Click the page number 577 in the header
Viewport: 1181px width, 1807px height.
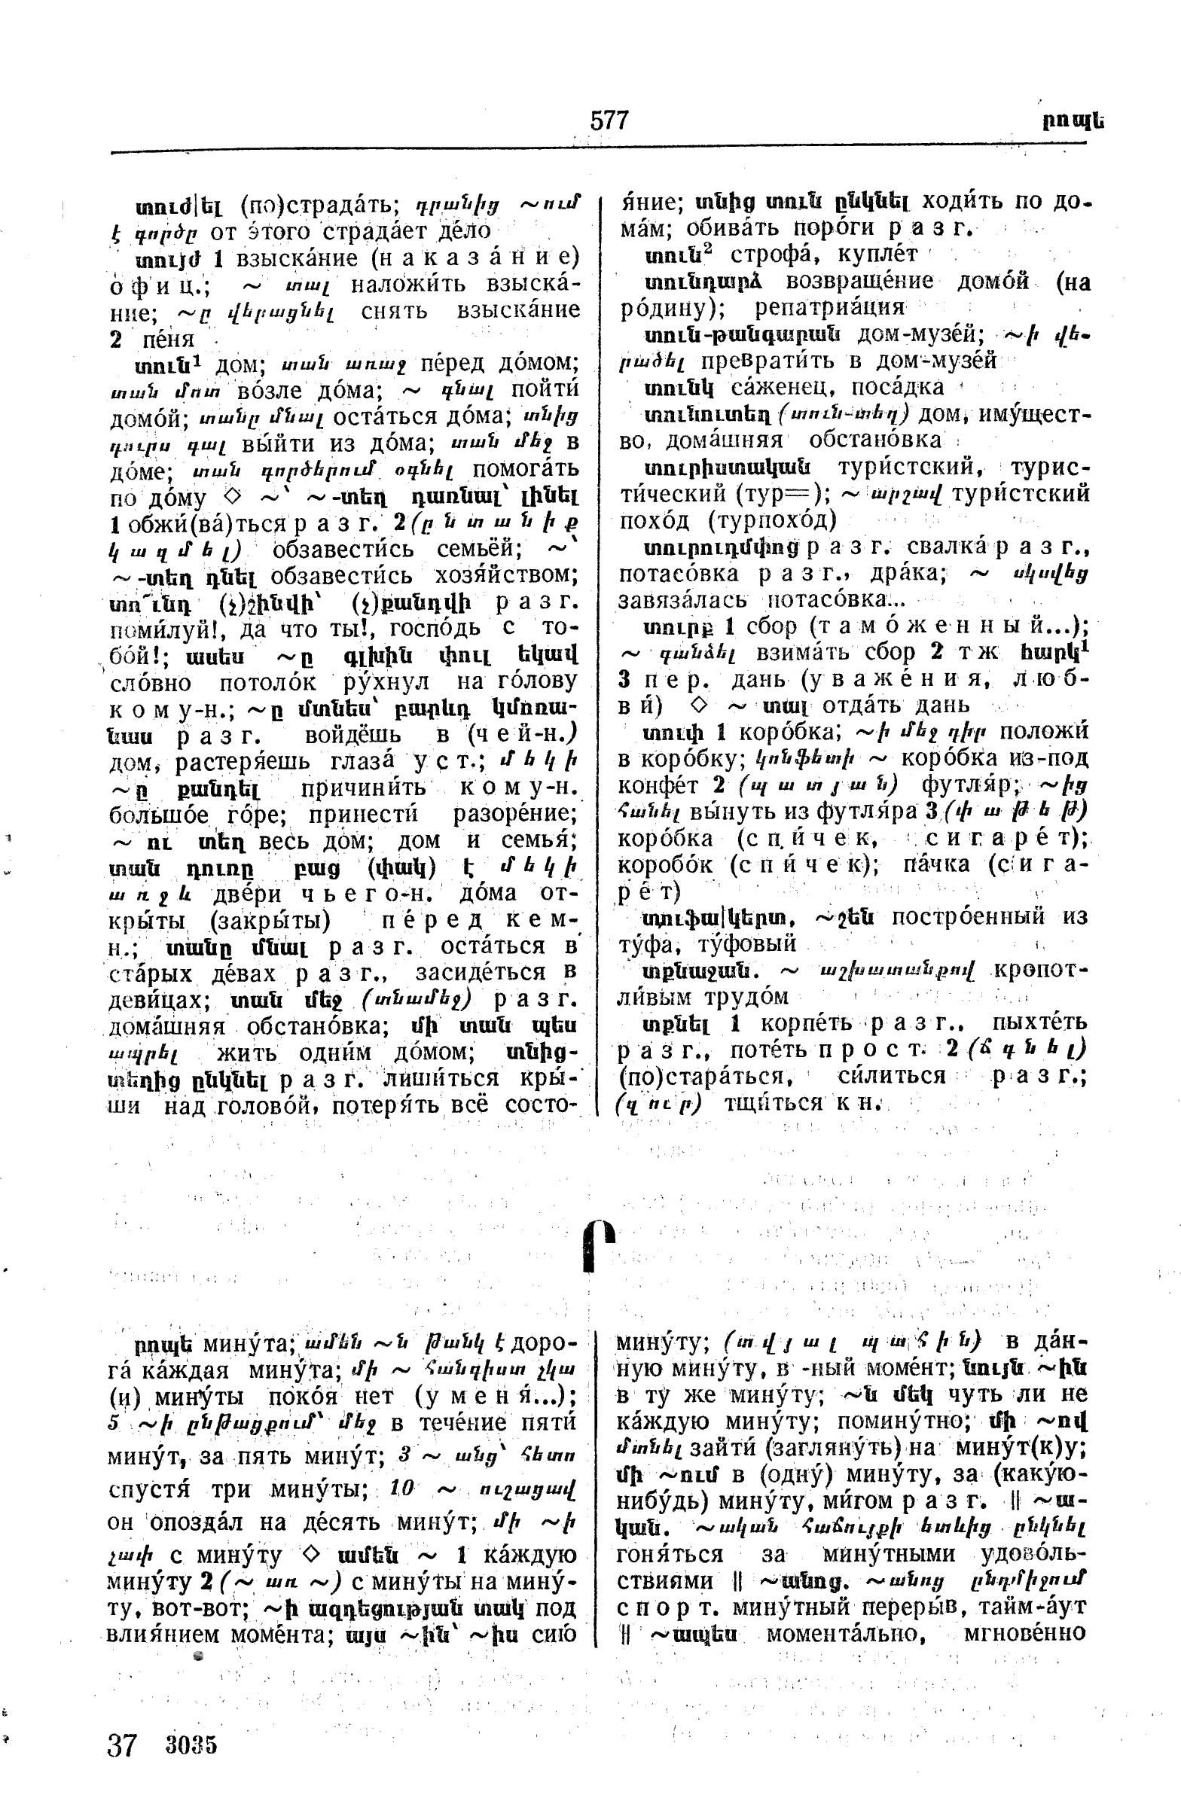[x=609, y=120]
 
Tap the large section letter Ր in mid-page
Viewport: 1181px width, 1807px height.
[x=598, y=1245]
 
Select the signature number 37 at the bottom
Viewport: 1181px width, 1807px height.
[x=121, y=1745]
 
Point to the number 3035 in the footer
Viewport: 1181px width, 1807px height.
[x=191, y=1745]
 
